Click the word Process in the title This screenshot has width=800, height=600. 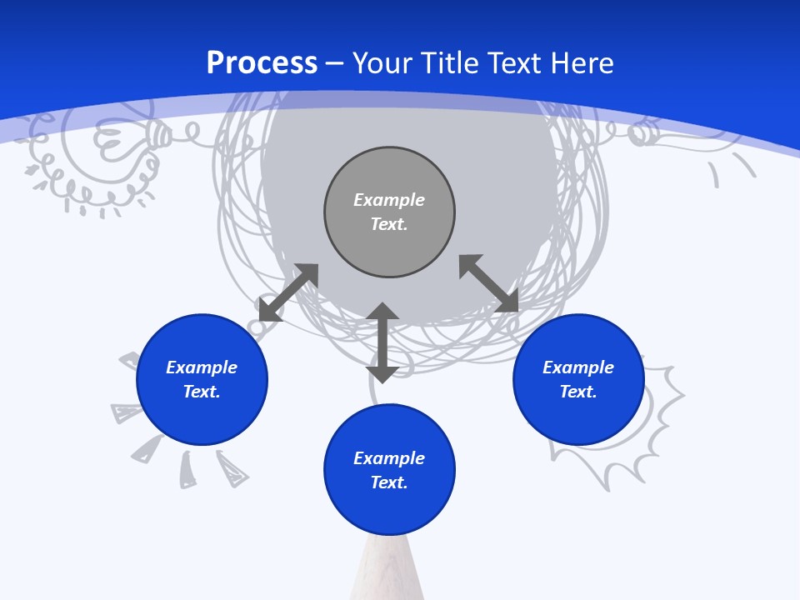262,63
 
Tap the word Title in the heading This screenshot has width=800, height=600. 451,63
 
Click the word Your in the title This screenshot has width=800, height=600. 386,63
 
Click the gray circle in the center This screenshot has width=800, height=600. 389,246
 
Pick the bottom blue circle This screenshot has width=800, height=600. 389,508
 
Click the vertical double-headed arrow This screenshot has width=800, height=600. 382,342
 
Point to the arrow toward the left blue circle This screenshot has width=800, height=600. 288,292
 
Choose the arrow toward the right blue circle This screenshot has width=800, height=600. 488,283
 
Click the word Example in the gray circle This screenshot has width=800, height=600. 389,200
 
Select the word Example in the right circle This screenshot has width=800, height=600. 578,367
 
